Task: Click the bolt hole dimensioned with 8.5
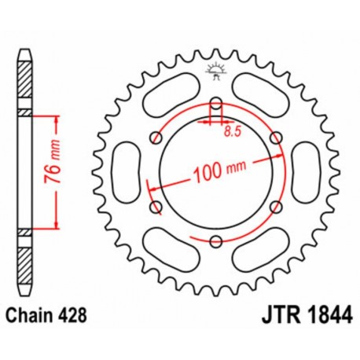click(215, 101)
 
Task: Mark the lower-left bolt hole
click(155, 208)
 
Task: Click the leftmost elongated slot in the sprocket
click(124, 172)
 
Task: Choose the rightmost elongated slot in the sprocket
click(307, 172)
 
